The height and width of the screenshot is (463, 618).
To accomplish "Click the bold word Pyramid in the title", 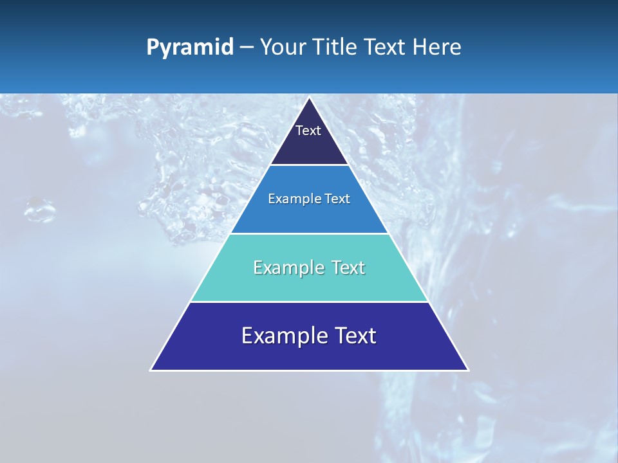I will (190, 48).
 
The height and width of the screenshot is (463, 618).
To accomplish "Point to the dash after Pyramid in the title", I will (247, 48).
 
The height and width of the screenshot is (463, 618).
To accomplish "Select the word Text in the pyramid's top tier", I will (308, 131).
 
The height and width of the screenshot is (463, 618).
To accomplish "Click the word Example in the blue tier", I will (288, 199).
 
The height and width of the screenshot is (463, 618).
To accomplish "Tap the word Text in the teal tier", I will (349, 268).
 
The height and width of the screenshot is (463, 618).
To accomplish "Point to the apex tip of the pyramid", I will (309, 98).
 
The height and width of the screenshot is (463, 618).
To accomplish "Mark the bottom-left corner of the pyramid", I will (151, 370).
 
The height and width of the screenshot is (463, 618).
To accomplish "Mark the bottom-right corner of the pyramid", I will (467, 370).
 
